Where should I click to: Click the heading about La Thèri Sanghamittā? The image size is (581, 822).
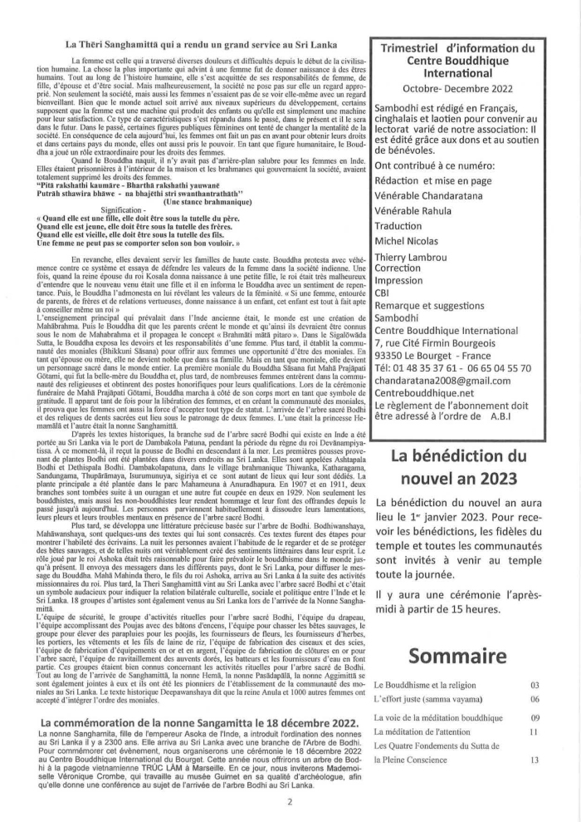click(x=193, y=43)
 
